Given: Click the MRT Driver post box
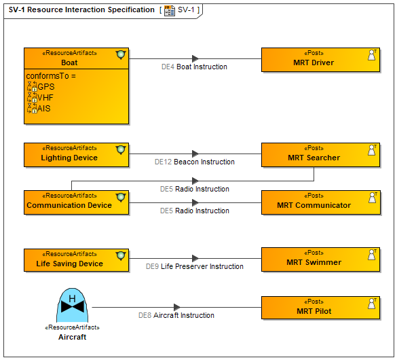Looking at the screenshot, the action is tap(320, 60).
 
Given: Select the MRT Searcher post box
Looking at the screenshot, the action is tap(320, 155).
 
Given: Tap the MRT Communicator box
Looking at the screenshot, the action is tap(320, 202).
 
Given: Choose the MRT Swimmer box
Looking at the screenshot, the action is tap(320, 259).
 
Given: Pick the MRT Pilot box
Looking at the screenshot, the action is tap(320, 308).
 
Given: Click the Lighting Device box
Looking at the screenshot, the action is tap(76, 155).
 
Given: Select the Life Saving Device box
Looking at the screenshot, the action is tap(76, 260).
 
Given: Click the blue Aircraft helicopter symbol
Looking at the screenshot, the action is tap(73, 305).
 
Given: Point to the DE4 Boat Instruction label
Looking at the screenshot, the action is tap(194, 67).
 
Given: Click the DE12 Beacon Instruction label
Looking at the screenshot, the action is tap(195, 162).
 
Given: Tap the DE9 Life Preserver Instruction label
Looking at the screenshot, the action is tap(195, 266).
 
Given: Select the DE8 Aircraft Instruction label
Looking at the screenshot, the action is tap(176, 315).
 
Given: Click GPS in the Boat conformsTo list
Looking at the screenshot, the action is tap(46, 87).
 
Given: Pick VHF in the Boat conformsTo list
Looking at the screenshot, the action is tap(45, 98).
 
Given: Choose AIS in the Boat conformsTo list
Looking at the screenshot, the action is tap(44, 109).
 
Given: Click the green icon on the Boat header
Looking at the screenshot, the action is tap(121, 55).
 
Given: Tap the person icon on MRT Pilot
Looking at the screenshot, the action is tap(372, 304).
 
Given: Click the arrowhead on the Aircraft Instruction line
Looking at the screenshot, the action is tap(177, 308).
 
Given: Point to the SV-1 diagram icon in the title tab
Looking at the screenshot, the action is tap(169, 11).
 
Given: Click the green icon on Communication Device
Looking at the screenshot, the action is tap(121, 198).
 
